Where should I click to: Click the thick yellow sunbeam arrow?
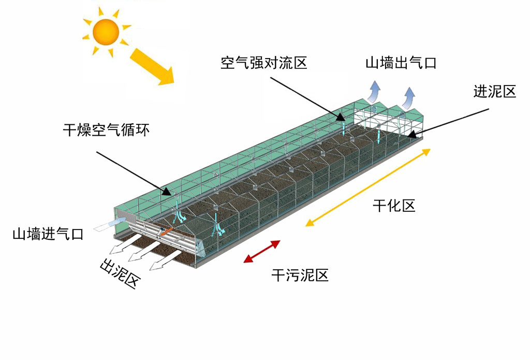pos(152,66)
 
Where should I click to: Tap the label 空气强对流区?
pos(263,63)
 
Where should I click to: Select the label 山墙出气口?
pos(401,63)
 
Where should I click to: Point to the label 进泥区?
pos(494,92)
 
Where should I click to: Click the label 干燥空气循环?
pos(106,129)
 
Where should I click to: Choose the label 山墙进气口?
pos(48,234)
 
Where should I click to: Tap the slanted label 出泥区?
pos(120,273)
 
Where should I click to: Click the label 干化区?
pos(394,205)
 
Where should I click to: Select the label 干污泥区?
pos(300,275)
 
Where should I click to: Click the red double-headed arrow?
pos(262,251)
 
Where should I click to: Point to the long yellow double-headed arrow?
pos(368,188)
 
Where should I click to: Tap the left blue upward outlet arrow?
pos(374,91)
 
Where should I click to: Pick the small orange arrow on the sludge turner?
pos(166,232)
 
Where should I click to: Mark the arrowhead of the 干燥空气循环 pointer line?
pos(167,192)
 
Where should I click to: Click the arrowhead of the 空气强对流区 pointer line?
pos(342,117)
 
